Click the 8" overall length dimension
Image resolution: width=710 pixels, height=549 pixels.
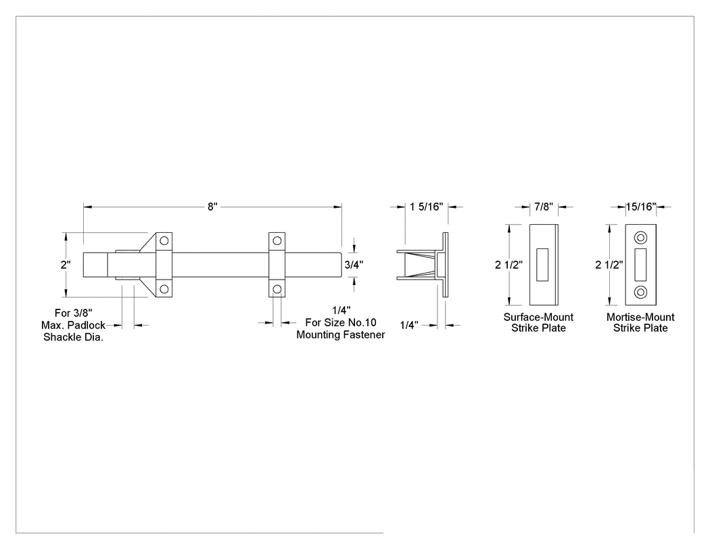[212, 206]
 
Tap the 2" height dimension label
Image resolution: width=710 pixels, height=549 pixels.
[66, 265]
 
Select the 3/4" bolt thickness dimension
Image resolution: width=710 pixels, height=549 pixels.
[354, 265]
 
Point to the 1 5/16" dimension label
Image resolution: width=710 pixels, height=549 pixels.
[426, 206]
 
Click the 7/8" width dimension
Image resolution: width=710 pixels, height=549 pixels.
[544, 206]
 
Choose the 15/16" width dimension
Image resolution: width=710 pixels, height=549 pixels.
[641, 206]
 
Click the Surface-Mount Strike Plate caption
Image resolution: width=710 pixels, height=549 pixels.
[538, 322]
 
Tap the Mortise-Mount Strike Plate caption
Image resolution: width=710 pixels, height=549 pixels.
[640, 322]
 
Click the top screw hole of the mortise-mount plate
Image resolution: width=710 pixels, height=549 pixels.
[641, 238]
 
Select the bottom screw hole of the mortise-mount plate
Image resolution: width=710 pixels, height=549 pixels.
[641, 292]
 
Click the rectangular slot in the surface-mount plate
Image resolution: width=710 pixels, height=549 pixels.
[542, 265]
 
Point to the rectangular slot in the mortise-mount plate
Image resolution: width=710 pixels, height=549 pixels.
[640, 265]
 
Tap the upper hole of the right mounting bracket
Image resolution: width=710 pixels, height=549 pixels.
[277, 240]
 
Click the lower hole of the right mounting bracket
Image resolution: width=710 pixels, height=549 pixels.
[277, 289]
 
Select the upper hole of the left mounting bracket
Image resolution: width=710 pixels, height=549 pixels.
[164, 240]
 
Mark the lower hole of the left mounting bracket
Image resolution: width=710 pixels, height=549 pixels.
[164, 289]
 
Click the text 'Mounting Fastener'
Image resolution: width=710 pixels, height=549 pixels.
[341, 335]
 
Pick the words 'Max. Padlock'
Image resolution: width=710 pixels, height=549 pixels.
[73, 325]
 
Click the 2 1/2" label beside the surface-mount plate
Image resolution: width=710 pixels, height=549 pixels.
[509, 265]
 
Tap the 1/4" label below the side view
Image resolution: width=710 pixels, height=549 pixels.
[409, 325]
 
